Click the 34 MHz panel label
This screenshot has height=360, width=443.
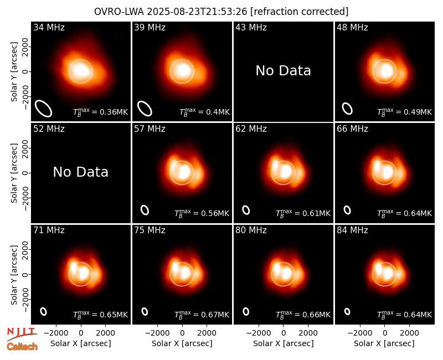[x=49, y=27]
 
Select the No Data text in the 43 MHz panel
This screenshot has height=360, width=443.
[x=283, y=71]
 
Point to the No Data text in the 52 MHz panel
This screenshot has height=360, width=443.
[x=80, y=172]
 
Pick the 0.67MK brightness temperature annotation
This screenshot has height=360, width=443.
[x=215, y=315]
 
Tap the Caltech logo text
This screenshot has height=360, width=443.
[x=22, y=347]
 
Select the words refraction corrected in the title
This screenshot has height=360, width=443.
[x=300, y=12]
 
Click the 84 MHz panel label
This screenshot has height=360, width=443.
[x=352, y=230]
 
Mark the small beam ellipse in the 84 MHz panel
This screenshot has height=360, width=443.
[x=347, y=311]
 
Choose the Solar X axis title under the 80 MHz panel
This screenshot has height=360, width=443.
[x=283, y=343]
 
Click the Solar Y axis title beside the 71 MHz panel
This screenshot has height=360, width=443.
[x=14, y=275]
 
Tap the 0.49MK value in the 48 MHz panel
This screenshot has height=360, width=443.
[x=418, y=112]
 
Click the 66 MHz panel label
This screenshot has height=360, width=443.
[x=352, y=129]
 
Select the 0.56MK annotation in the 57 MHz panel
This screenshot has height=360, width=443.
[x=215, y=213]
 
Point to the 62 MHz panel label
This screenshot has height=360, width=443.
[x=251, y=129]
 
